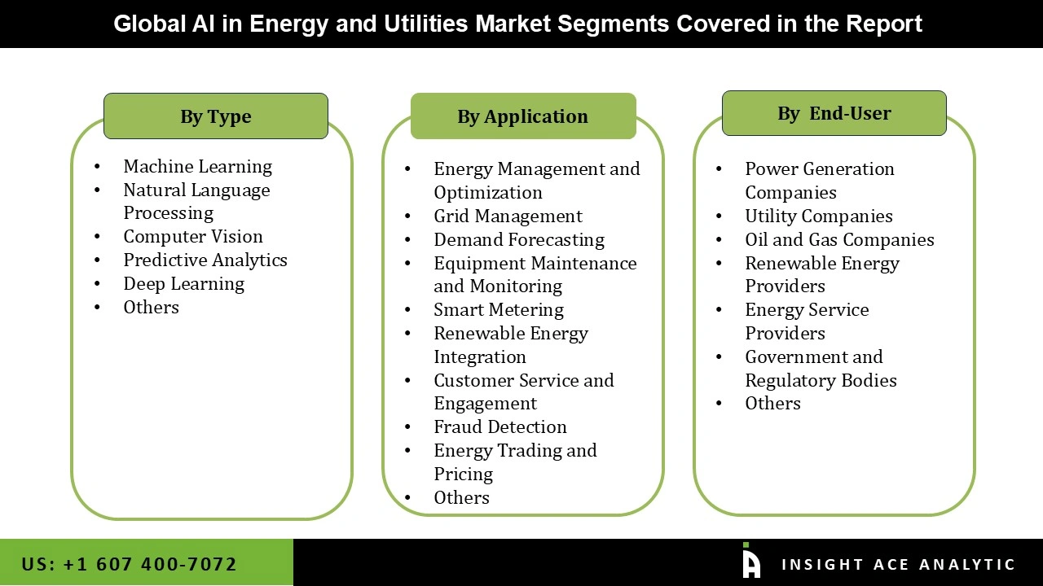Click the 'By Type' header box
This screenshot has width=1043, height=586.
pos(216,116)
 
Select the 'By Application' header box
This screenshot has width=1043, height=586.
pos(522,116)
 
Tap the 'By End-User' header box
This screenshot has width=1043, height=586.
pos(834,113)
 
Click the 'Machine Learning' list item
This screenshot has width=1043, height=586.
pos(197,166)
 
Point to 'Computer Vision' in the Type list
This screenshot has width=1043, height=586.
pos(193,236)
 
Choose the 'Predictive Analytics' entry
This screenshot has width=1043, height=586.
pos(205,260)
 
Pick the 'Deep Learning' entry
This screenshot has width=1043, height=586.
pos(183,283)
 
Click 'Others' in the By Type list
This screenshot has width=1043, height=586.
pos(151,307)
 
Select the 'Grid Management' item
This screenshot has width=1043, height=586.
pos(508,216)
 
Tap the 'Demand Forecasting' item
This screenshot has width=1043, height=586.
pos(519,239)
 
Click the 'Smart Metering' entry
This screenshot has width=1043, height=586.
pos(499,309)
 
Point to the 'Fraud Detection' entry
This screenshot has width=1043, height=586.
pos(500,426)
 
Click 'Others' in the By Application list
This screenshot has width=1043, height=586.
pos(461,497)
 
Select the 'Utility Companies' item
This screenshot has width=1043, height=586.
pos(819,216)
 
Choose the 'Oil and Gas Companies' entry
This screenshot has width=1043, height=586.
pos(839,239)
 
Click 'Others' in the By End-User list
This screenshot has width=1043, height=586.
pos(772,403)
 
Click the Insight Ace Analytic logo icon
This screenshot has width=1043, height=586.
pos(751,562)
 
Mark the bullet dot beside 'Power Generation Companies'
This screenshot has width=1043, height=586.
pos(720,169)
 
